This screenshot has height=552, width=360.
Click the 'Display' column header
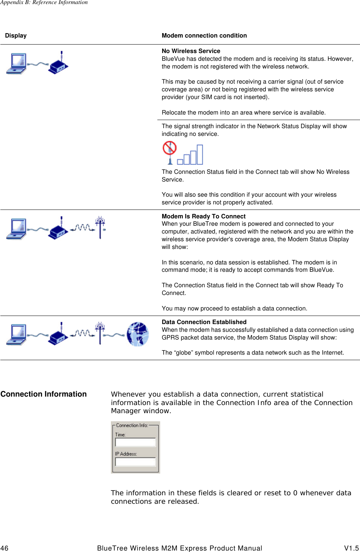pyautogui.click(x=16, y=36)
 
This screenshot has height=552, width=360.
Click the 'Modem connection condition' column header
pyautogui.click(x=204, y=36)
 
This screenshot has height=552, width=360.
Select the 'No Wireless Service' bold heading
pyautogui.click(x=191, y=51)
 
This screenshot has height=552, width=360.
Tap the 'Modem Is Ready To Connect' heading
pyautogui.click(x=203, y=217)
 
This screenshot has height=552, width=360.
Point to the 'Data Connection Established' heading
pyautogui.click(x=204, y=322)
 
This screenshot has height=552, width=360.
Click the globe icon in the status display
pyautogui.click(x=137, y=334)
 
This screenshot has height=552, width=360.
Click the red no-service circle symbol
pyautogui.click(x=169, y=148)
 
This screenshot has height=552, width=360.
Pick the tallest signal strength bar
pyautogui.click(x=199, y=154)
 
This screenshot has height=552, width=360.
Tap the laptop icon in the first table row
pyautogui.click(x=16, y=63)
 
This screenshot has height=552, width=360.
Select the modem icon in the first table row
pyautogui.click(x=58, y=64)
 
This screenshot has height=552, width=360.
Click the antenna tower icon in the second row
pyautogui.click(x=100, y=227)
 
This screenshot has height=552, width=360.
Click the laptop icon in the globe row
pyautogui.click(x=16, y=334)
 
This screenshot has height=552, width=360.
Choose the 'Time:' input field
pyautogui.click(x=135, y=442)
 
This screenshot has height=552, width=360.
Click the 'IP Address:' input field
pyautogui.click(x=135, y=462)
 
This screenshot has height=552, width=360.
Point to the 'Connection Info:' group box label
pyautogui.click(x=132, y=425)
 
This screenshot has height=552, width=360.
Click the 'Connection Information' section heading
pyautogui.click(x=43, y=394)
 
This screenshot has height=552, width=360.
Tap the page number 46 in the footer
pyautogui.click(x=4, y=548)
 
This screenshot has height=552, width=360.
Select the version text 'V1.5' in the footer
pyautogui.click(x=351, y=548)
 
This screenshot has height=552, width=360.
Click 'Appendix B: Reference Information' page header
pyautogui.click(x=44, y=3)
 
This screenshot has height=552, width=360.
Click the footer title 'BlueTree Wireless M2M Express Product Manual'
pyautogui.click(x=179, y=548)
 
